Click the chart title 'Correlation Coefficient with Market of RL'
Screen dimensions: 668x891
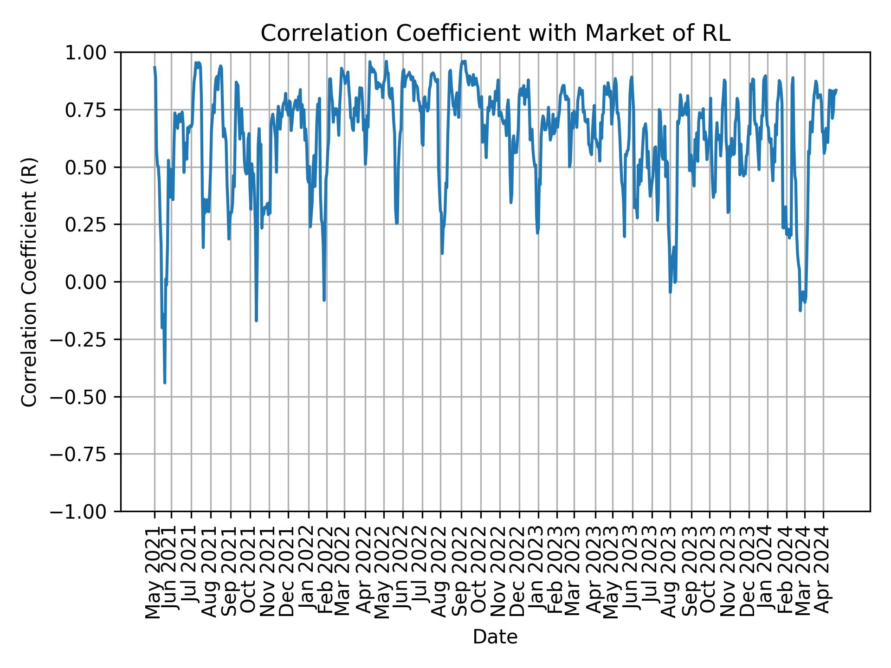tap(495, 33)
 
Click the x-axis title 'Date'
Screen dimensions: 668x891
tap(495, 637)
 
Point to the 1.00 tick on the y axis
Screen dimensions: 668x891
tap(92, 52)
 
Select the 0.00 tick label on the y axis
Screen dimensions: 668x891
tap(92, 282)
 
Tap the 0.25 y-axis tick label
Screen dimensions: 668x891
tap(92, 225)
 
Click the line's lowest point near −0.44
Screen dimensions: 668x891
tap(165, 383)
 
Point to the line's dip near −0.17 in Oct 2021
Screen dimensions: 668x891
tap(256, 321)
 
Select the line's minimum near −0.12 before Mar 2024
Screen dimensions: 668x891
tap(800, 310)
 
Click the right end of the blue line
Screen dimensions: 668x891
tap(837, 90)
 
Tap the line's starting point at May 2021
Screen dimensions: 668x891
tap(155, 67)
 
